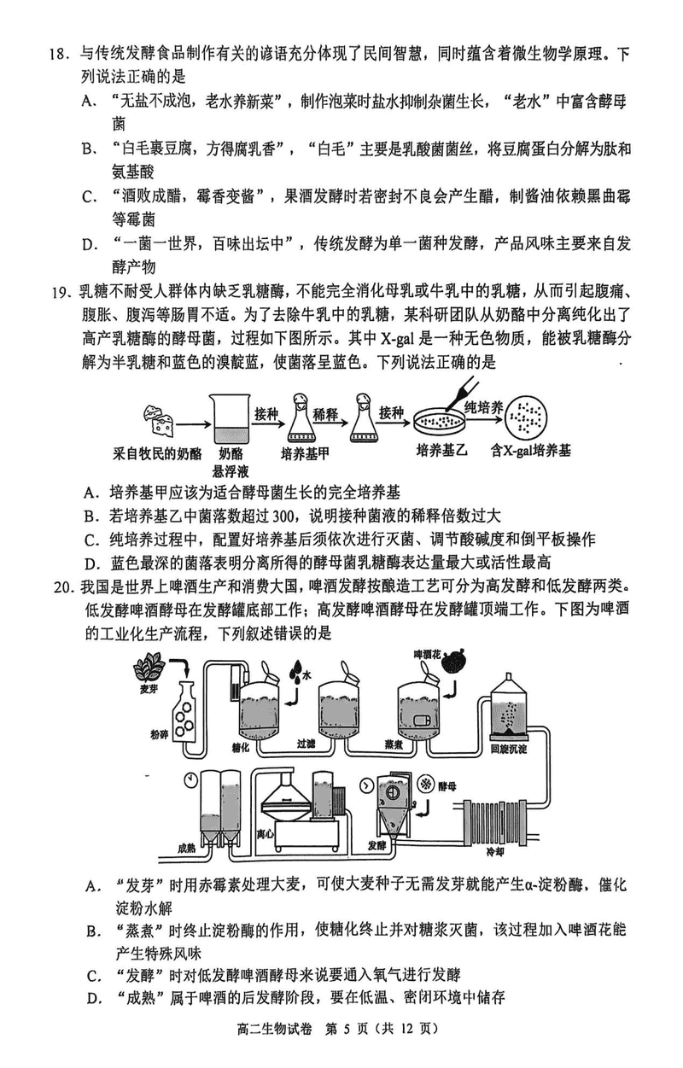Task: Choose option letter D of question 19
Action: click(88, 562)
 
